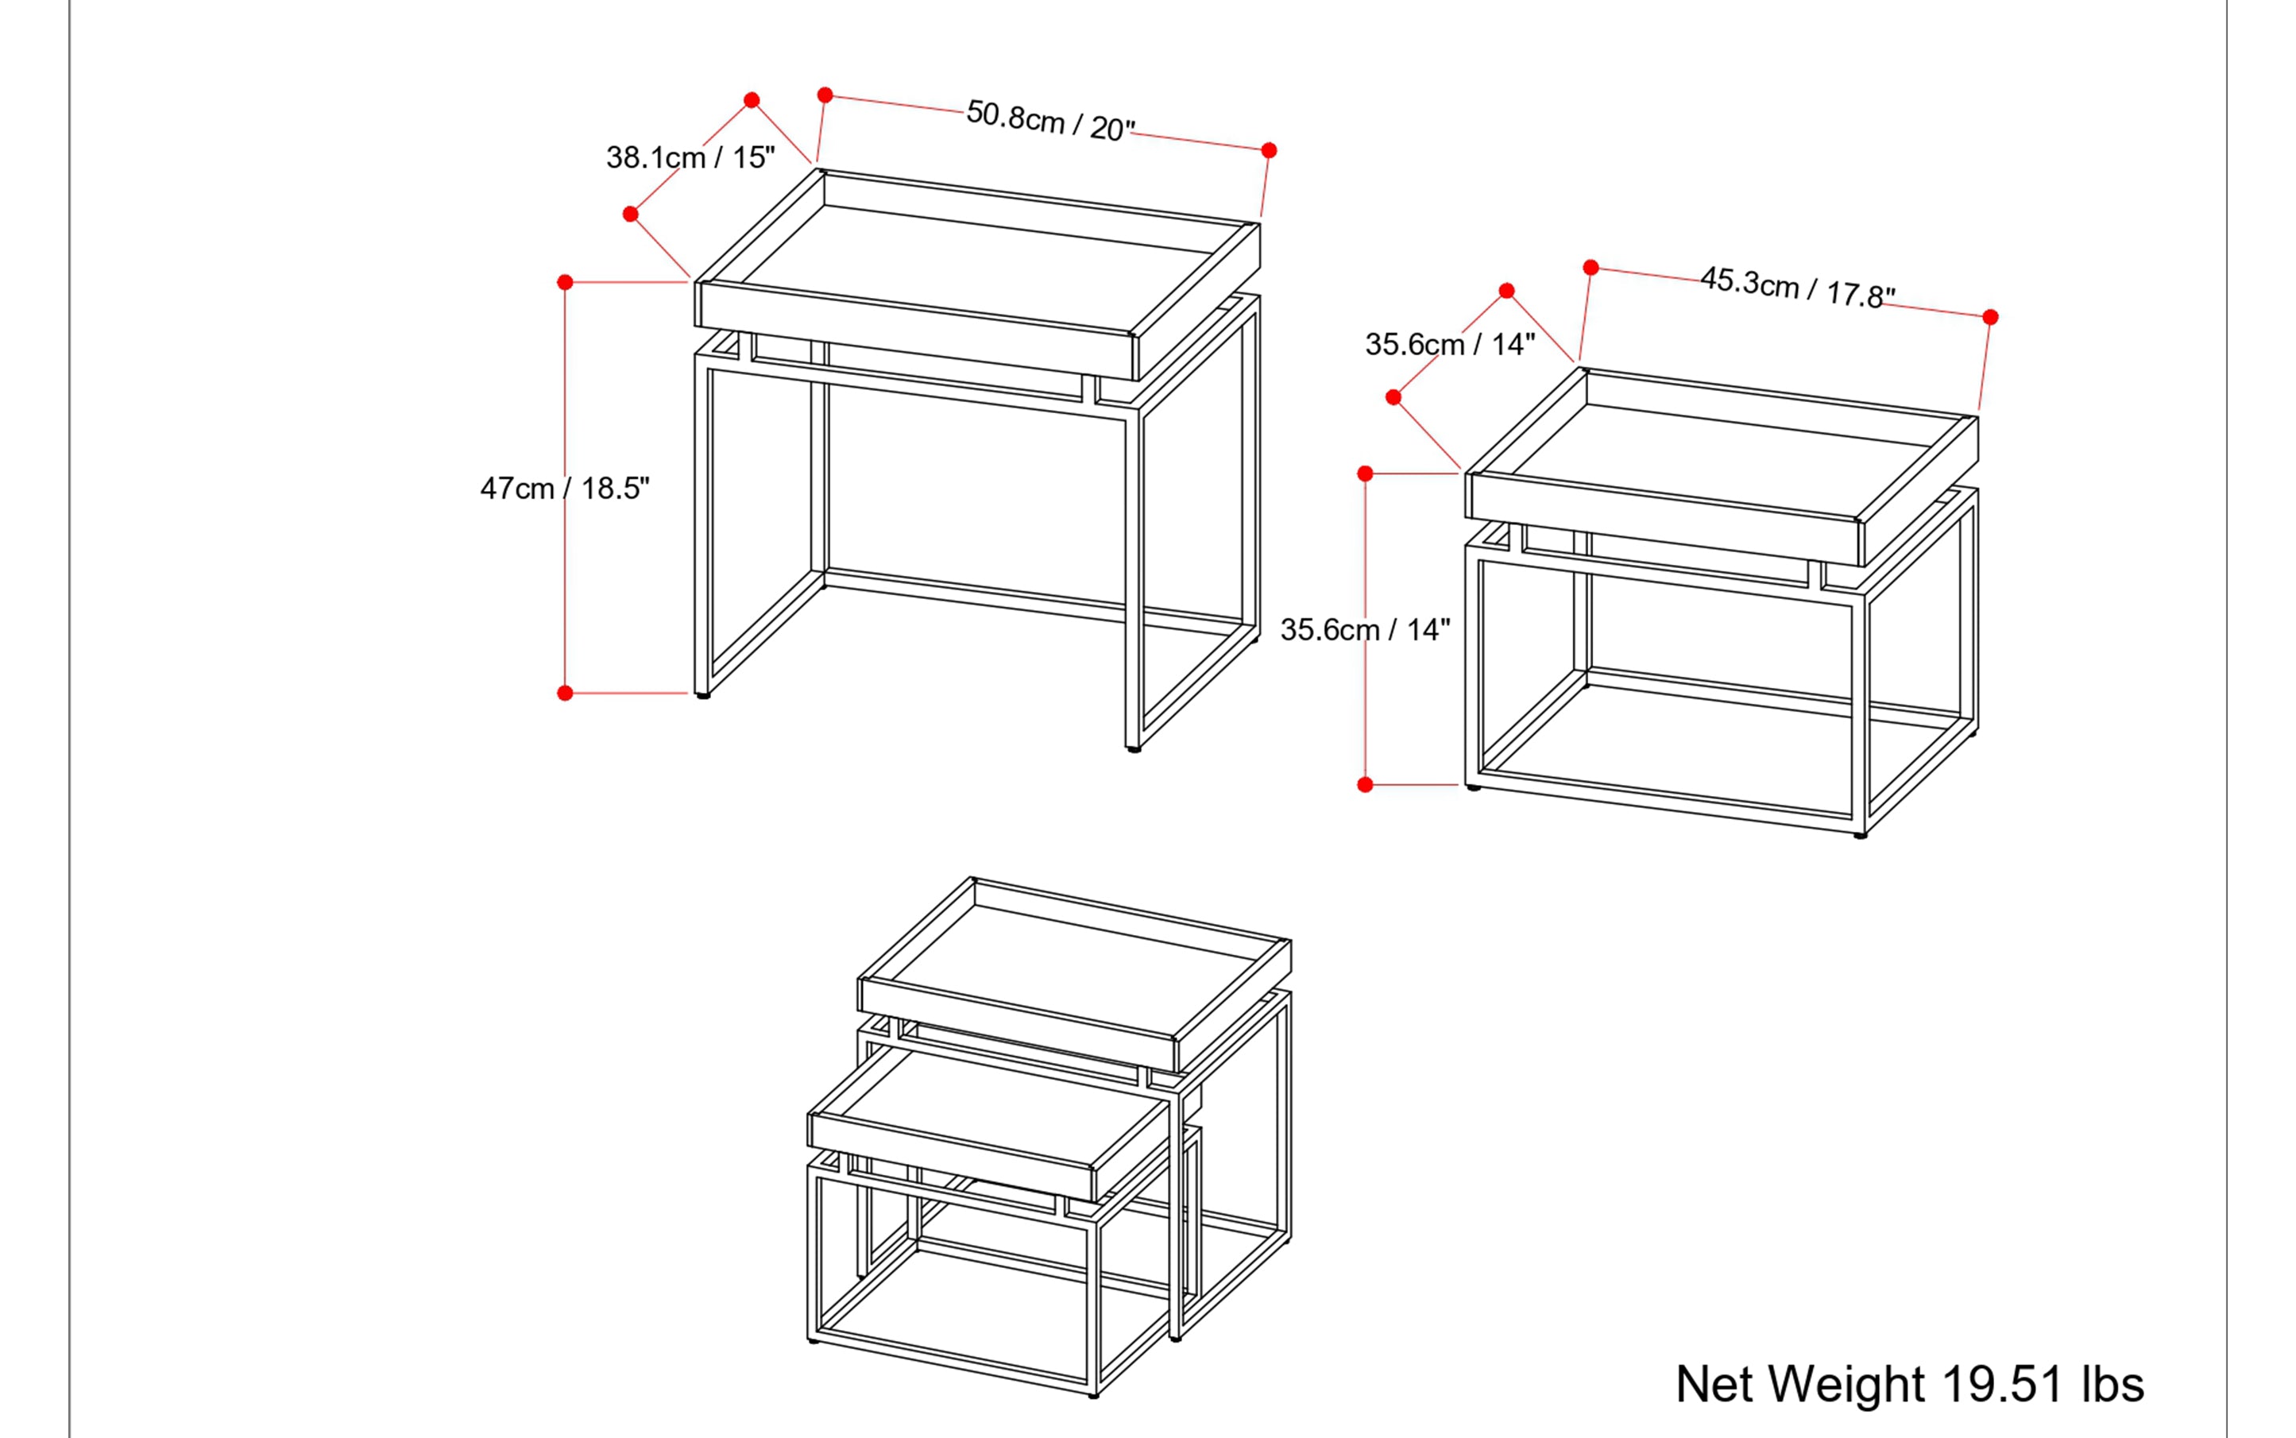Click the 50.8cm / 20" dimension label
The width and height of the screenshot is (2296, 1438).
(1050, 121)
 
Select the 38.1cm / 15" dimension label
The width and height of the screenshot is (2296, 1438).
(690, 157)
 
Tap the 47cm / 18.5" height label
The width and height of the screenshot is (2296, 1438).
(564, 488)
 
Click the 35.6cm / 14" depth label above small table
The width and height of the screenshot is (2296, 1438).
(1450, 343)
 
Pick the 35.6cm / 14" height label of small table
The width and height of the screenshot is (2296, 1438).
(1364, 628)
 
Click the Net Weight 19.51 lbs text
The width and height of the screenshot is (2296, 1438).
(1909, 1384)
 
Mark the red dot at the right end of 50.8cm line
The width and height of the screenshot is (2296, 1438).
(1269, 150)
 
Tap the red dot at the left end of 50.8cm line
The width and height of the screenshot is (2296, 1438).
(825, 95)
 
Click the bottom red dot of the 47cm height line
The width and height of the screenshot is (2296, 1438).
(565, 694)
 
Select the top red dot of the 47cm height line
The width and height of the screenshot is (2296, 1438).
(565, 283)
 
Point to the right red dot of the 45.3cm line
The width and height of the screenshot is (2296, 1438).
(1990, 317)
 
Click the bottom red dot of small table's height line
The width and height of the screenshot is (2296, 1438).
(1365, 785)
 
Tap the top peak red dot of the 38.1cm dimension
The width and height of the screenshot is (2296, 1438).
(752, 100)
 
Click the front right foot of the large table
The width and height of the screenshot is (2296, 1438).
(1133, 749)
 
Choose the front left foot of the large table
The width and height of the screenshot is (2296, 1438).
(703, 696)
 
